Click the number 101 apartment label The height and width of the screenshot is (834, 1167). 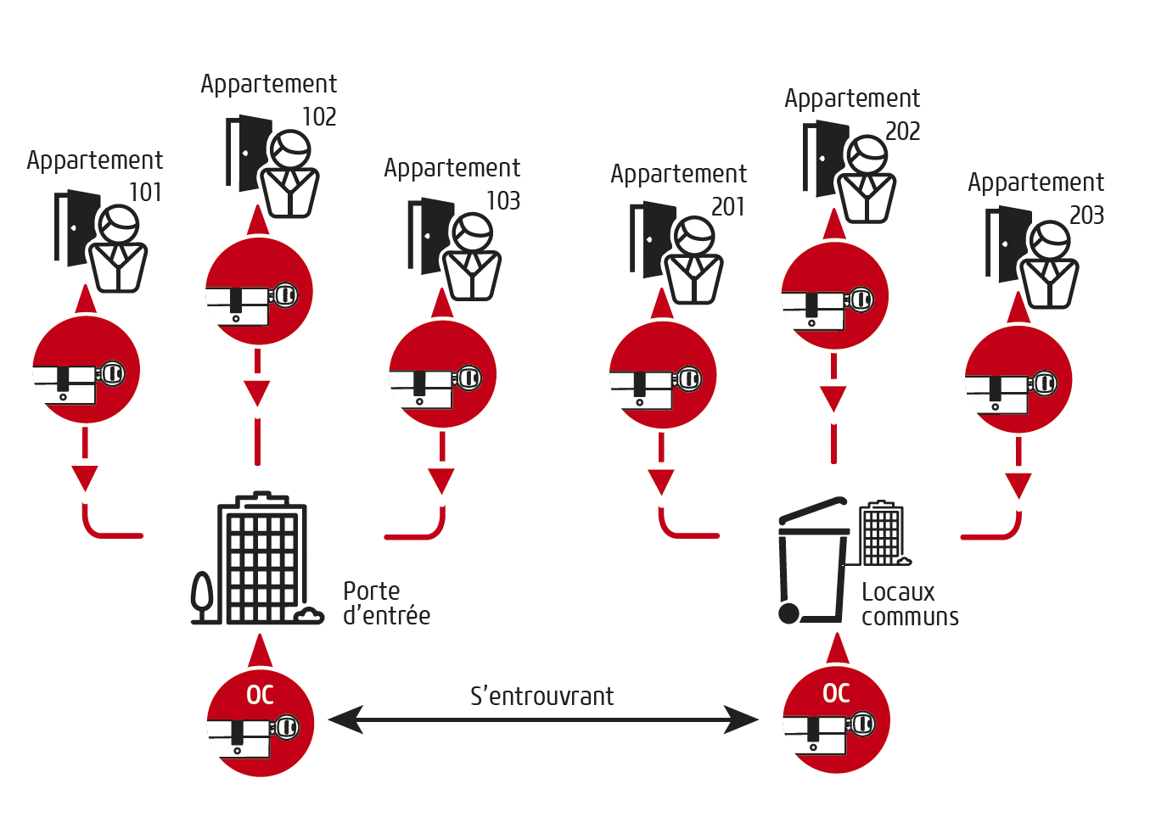[x=145, y=193]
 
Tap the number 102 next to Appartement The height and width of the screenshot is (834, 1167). [x=319, y=116]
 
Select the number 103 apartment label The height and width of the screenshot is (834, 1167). [x=502, y=200]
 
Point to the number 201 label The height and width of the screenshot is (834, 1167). [x=727, y=206]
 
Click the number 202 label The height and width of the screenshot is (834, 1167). [x=902, y=131]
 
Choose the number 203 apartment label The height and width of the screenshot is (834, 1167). [x=1086, y=215]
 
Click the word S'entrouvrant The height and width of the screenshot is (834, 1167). [x=541, y=696]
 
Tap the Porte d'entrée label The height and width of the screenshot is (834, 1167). [x=386, y=603]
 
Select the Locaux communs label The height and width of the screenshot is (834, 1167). [x=909, y=604]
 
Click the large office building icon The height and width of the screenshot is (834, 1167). [x=261, y=560]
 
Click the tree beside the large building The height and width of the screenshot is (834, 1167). [x=202, y=594]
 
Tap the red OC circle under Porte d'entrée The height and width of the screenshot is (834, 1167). [x=261, y=723]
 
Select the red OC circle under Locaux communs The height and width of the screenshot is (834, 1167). [x=836, y=720]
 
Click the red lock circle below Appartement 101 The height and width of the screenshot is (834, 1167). [x=86, y=370]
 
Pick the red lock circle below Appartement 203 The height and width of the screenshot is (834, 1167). [x=1018, y=380]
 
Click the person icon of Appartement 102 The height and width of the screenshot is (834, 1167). [x=289, y=176]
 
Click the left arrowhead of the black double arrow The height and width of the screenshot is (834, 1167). [x=344, y=719]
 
